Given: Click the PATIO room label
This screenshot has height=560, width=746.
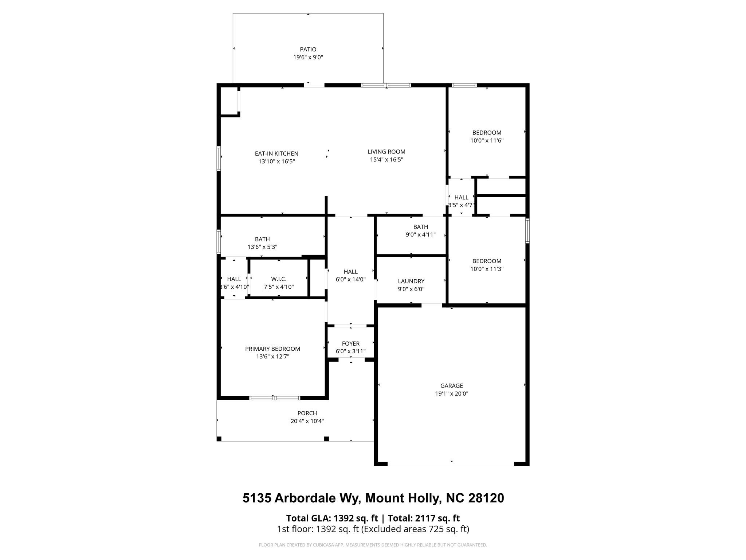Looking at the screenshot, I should (x=308, y=49).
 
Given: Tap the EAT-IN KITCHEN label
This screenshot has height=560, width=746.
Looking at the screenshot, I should (x=276, y=153).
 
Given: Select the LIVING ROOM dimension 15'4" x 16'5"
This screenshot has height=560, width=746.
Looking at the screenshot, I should (x=386, y=160).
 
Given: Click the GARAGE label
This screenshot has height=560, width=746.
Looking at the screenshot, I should (x=451, y=386).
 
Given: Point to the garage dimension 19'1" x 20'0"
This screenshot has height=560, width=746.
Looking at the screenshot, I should (x=451, y=394).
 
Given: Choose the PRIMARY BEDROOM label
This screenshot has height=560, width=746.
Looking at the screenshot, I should (x=272, y=349).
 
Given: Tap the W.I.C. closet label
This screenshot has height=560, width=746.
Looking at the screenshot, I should (x=279, y=279).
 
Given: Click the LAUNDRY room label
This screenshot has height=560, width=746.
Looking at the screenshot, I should (x=411, y=281).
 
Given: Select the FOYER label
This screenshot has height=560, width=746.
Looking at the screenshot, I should (x=350, y=343).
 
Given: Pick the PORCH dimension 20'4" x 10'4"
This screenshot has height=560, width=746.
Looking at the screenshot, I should (x=307, y=421).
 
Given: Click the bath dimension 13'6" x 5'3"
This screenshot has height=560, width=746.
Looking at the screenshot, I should (x=262, y=247).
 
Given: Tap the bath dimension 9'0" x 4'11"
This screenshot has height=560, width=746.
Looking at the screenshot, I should (x=420, y=235).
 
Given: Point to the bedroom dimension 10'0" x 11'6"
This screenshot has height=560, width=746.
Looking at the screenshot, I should (x=487, y=140).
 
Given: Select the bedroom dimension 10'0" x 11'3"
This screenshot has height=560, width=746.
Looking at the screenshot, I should (x=487, y=269).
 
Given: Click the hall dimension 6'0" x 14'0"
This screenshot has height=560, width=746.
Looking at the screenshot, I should (x=350, y=280).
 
